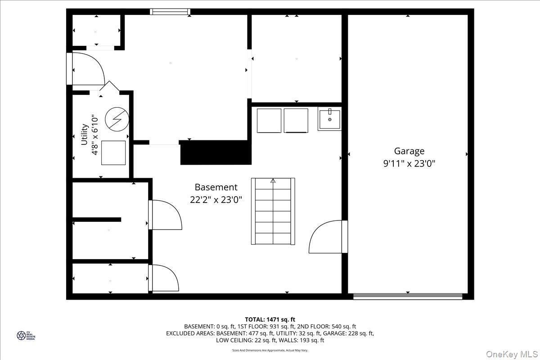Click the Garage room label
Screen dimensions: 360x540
(x=409, y=151)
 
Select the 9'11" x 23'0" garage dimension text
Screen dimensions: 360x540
(x=409, y=164)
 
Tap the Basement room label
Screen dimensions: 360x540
(x=216, y=187)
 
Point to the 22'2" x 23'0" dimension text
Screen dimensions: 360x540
(x=216, y=200)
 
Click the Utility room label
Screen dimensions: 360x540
(x=84, y=134)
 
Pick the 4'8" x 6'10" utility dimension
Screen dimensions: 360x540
(x=95, y=135)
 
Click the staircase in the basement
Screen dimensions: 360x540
(x=273, y=211)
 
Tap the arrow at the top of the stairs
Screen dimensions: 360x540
(x=273, y=181)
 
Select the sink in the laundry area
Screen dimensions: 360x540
(x=329, y=119)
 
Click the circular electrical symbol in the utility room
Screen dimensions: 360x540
(x=117, y=119)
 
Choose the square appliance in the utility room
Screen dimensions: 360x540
(x=113, y=153)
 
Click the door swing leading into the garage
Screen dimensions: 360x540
(x=326, y=237)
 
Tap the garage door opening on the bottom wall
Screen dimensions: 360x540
(x=408, y=297)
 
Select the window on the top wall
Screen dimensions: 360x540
(x=170, y=12)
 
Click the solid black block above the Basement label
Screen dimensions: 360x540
(x=215, y=153)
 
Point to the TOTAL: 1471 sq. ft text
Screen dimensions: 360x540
(x=270, y=319)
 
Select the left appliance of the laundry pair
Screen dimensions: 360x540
(x=269, y=121)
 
